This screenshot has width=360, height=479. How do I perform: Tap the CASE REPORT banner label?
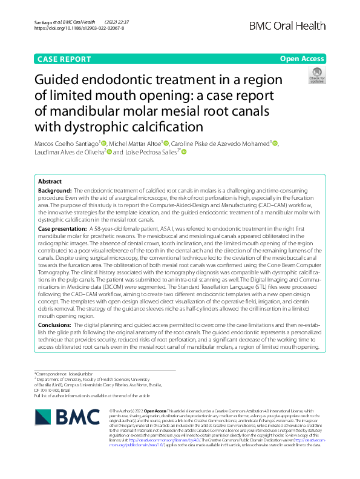65,59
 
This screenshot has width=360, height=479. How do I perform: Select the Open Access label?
303,59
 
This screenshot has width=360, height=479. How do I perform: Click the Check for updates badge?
316,75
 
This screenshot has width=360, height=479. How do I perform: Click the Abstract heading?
50,182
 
